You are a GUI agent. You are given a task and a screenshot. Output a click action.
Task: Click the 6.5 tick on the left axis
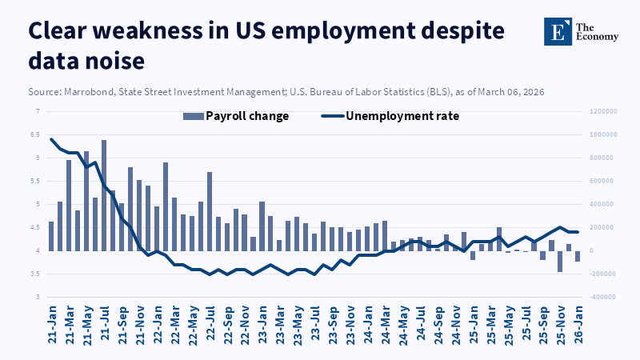(34, 134)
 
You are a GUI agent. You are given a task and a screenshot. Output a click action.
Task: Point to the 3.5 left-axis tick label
(34, 274)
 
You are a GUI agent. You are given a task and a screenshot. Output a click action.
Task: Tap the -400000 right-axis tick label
(602, 298)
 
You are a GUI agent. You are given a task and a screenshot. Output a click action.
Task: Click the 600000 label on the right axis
(602, 181)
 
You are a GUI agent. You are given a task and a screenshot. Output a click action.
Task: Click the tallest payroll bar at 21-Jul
(104, 195)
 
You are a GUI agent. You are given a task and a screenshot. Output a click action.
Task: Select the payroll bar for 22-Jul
(210, 211)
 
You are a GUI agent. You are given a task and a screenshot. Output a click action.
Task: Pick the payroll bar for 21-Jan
(51, 236)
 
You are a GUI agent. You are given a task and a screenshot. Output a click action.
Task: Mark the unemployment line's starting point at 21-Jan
(51, 139)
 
